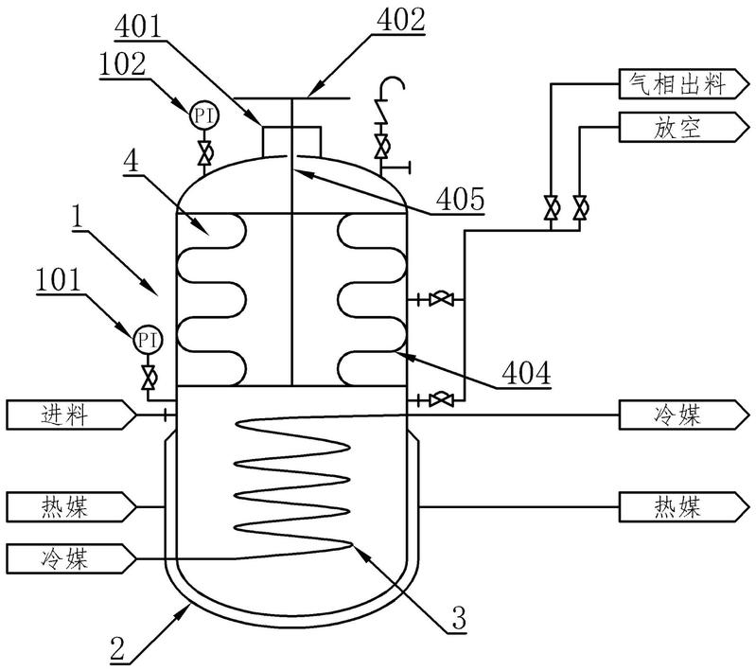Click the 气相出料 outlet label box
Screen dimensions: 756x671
684,84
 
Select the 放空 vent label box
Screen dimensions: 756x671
684,128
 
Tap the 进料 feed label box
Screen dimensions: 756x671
71,415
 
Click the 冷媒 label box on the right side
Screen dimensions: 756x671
684,415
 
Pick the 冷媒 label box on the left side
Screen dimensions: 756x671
71,559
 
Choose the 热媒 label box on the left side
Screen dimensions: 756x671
71,507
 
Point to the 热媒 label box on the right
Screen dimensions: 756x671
684,507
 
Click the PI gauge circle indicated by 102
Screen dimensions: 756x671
204,115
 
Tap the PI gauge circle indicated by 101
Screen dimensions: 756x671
148,340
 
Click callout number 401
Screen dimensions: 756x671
138,26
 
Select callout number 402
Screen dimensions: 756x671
401,20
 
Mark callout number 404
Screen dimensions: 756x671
526,374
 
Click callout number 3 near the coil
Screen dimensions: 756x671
459,618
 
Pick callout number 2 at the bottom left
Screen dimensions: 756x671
117,649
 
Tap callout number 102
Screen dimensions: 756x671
122,63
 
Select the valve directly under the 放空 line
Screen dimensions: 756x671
579,207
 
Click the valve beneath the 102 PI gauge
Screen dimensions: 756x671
204,153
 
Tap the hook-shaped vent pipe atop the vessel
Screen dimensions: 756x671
391,98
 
